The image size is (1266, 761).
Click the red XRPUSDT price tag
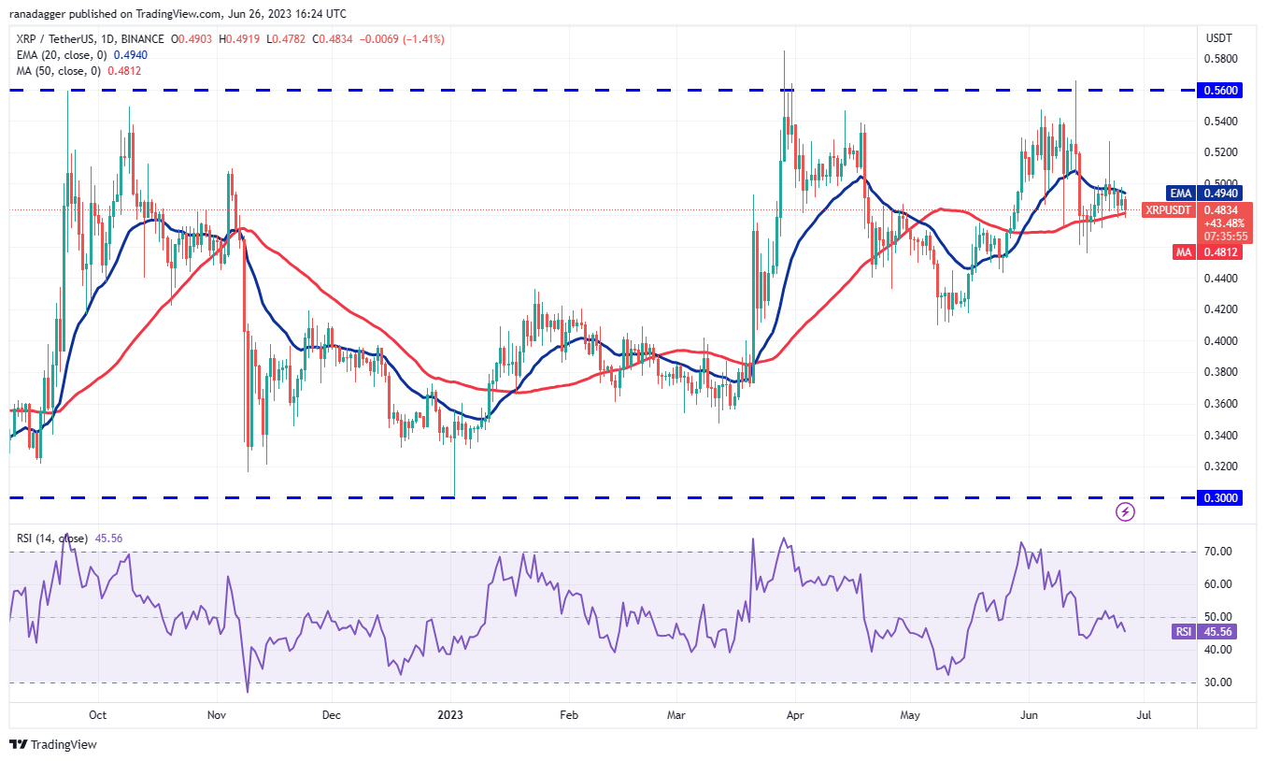[x=1169, y=210]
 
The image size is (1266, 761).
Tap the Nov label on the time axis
[x=217, y=715]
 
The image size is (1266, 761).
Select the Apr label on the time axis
[x=794, y=715]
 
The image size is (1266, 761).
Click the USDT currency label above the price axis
[x=1220, y=38]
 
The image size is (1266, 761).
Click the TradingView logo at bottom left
[x=54, y=745]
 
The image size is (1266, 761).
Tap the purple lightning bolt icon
[x=1126, y=511]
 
